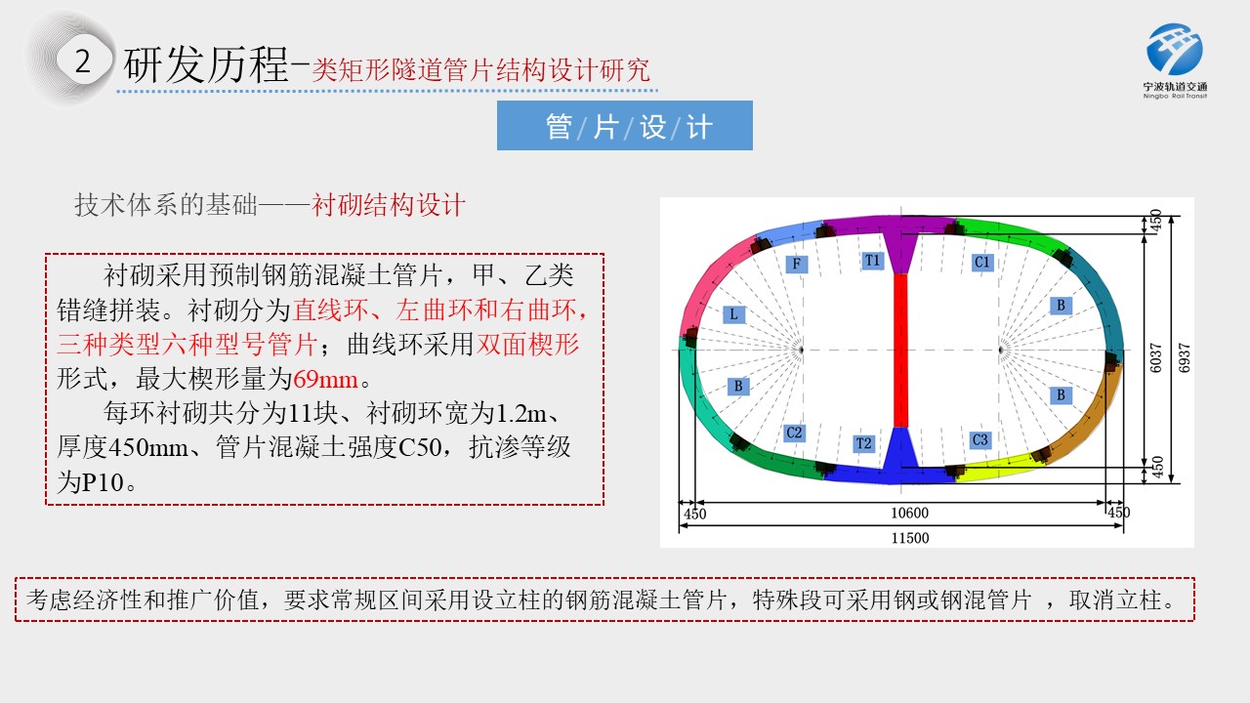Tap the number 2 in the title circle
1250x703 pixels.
83,62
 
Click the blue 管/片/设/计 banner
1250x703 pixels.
624,126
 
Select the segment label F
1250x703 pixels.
796,264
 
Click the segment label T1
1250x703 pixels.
872,261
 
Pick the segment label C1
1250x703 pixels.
982,263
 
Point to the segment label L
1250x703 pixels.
733,314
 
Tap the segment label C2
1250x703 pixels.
794,433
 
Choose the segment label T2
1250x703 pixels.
863,443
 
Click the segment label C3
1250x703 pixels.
979,440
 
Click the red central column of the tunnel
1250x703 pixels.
900,351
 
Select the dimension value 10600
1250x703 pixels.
909,513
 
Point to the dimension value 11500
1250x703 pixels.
909,538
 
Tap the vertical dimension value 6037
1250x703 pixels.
1155,357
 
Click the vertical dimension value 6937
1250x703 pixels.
1184,357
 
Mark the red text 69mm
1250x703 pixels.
325,380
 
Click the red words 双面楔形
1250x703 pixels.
527,345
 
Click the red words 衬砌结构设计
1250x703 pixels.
388,205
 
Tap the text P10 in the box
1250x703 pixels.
103,482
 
